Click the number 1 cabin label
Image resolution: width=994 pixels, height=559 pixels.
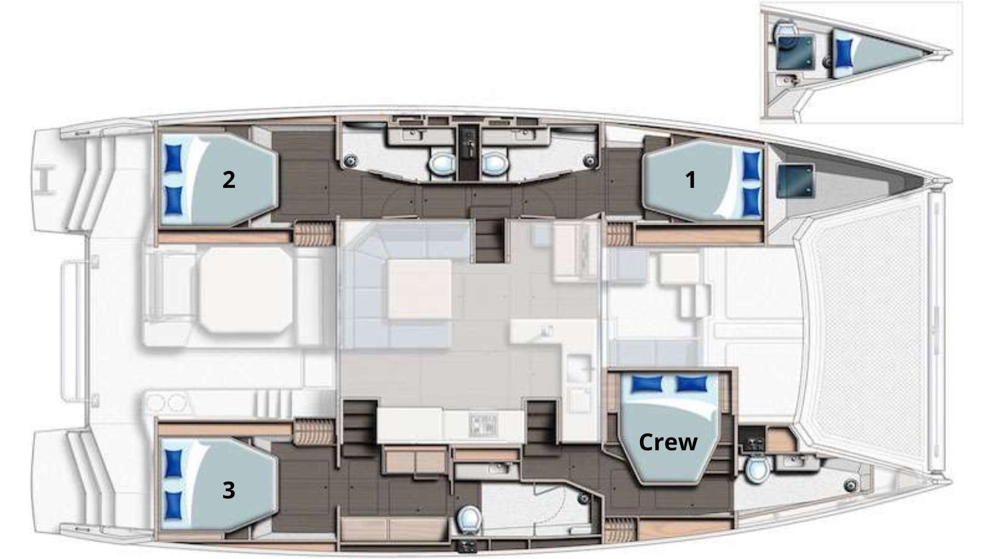click(690, 180)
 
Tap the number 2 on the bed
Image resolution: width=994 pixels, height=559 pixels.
click(228, 180)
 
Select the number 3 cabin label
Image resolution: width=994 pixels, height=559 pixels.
click(228, 490)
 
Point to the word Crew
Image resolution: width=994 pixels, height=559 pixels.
click(668, 442)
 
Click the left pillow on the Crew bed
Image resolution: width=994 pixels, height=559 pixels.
click(646, 384)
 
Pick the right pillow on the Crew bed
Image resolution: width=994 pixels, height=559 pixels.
click(692, 384)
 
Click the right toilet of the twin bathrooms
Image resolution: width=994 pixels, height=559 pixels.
click(493, 164)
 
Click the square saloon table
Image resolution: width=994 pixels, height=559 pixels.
click(419, 289)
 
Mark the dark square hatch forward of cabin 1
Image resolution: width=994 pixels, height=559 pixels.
click(796, 181)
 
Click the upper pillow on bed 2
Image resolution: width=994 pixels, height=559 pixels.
click(173, 155)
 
